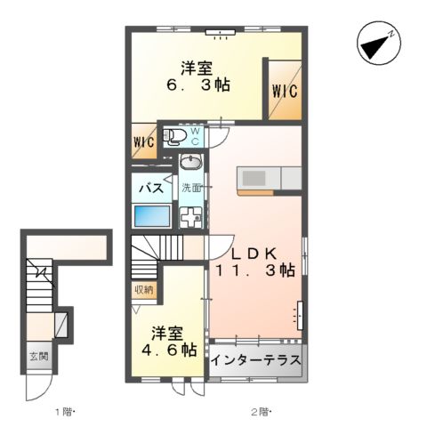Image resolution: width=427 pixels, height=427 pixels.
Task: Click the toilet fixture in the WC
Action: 173,137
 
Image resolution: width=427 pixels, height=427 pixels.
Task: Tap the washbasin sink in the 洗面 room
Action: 191,162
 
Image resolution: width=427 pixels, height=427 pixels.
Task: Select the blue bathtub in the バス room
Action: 152,216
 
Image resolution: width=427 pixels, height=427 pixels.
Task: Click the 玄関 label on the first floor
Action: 39,356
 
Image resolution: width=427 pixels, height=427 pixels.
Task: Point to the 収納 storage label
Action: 144,289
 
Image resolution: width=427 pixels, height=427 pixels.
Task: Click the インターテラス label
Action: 256,360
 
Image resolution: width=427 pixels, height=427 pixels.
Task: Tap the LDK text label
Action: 254,254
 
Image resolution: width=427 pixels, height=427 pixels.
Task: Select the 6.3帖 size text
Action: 198,85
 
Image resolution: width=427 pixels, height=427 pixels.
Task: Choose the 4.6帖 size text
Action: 169,350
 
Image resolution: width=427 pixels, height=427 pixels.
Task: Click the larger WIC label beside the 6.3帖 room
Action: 285,91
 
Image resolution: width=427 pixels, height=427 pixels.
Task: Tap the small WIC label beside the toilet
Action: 144,142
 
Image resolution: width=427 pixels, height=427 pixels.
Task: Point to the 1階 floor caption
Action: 65,412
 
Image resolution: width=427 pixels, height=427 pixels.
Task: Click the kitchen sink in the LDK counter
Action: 254,178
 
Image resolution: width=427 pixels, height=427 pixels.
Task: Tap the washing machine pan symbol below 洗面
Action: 191,218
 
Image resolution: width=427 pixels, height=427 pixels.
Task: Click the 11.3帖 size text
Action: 255,270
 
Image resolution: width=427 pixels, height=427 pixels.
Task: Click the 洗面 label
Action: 191,188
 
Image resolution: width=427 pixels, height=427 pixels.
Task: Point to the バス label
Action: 151,188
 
